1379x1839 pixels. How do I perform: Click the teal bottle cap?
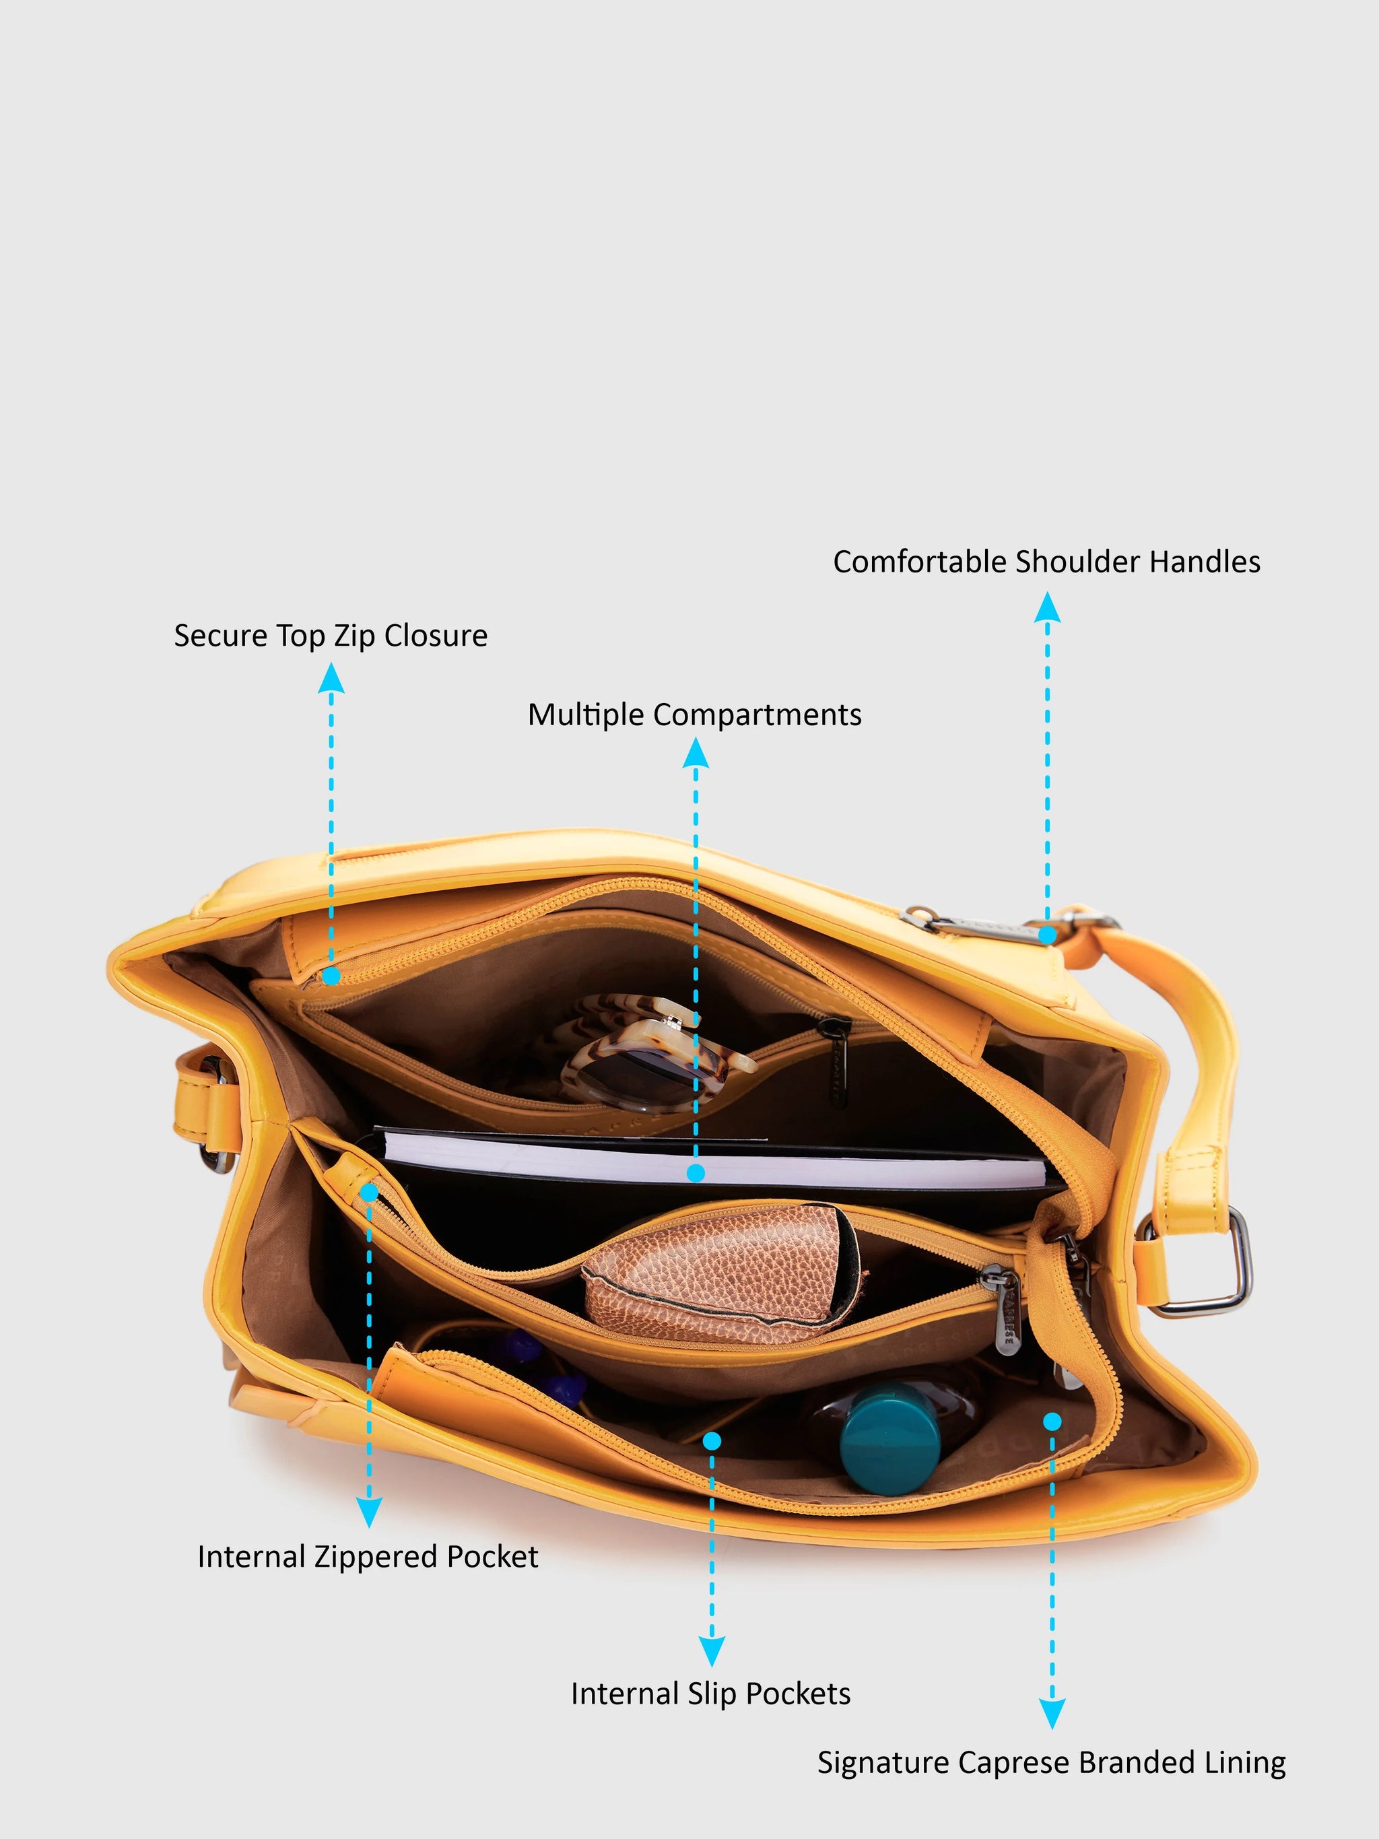889,1438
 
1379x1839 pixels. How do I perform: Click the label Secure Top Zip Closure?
331,636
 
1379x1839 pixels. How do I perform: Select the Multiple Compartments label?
695,715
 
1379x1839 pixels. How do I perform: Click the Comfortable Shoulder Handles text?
1046,562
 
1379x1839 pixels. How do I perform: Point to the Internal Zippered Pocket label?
368,1556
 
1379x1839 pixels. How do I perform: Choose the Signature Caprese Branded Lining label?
1052,1762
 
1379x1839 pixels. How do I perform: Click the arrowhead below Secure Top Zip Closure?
331,677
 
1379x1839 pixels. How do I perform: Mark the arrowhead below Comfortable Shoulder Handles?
1047,606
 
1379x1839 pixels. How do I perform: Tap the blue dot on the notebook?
696,1173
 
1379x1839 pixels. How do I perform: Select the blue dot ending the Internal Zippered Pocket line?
369,1192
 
